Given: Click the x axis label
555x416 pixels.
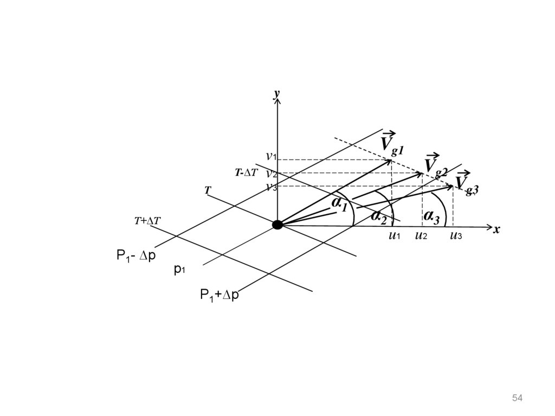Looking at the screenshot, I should coord(496,229).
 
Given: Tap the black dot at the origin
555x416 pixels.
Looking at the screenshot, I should coord(277,225).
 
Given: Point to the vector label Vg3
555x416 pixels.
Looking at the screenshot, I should coord(466,183).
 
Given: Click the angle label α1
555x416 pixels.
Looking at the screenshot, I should coord(340,204).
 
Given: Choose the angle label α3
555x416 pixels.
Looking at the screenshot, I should coord(432,216).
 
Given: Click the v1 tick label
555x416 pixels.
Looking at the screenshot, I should coord(271,157).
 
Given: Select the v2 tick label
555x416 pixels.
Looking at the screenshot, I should coord(272,174).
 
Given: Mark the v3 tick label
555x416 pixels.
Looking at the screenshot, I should coord(272,187).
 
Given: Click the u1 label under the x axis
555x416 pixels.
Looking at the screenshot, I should coord(394,235).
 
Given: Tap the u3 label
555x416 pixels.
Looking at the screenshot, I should coord(456,235).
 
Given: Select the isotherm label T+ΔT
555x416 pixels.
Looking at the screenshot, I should coord(147,221).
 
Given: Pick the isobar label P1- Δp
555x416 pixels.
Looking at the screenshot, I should coord(136,255).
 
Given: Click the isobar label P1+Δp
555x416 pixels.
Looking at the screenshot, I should coord(219,295).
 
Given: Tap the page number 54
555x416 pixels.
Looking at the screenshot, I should coord(517,399).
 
